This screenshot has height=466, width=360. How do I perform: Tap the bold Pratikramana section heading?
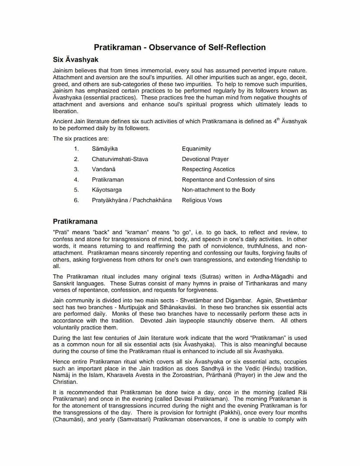coord(75,221)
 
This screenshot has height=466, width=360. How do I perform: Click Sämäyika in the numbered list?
coord(104,149)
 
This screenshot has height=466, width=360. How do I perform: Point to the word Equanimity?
coord(197,149)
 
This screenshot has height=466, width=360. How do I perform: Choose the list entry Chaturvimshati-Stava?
coord(120,159)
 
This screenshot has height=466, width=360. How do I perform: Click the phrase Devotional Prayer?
coord(205,159)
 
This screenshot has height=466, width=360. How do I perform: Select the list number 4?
coord(76,180)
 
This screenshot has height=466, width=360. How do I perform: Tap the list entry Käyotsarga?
coord(107,190)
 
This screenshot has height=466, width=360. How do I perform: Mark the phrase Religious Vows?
coord(202,200)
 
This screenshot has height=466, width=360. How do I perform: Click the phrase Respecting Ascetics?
coord(208,169)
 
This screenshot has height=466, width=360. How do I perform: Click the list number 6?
coord(76,200)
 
